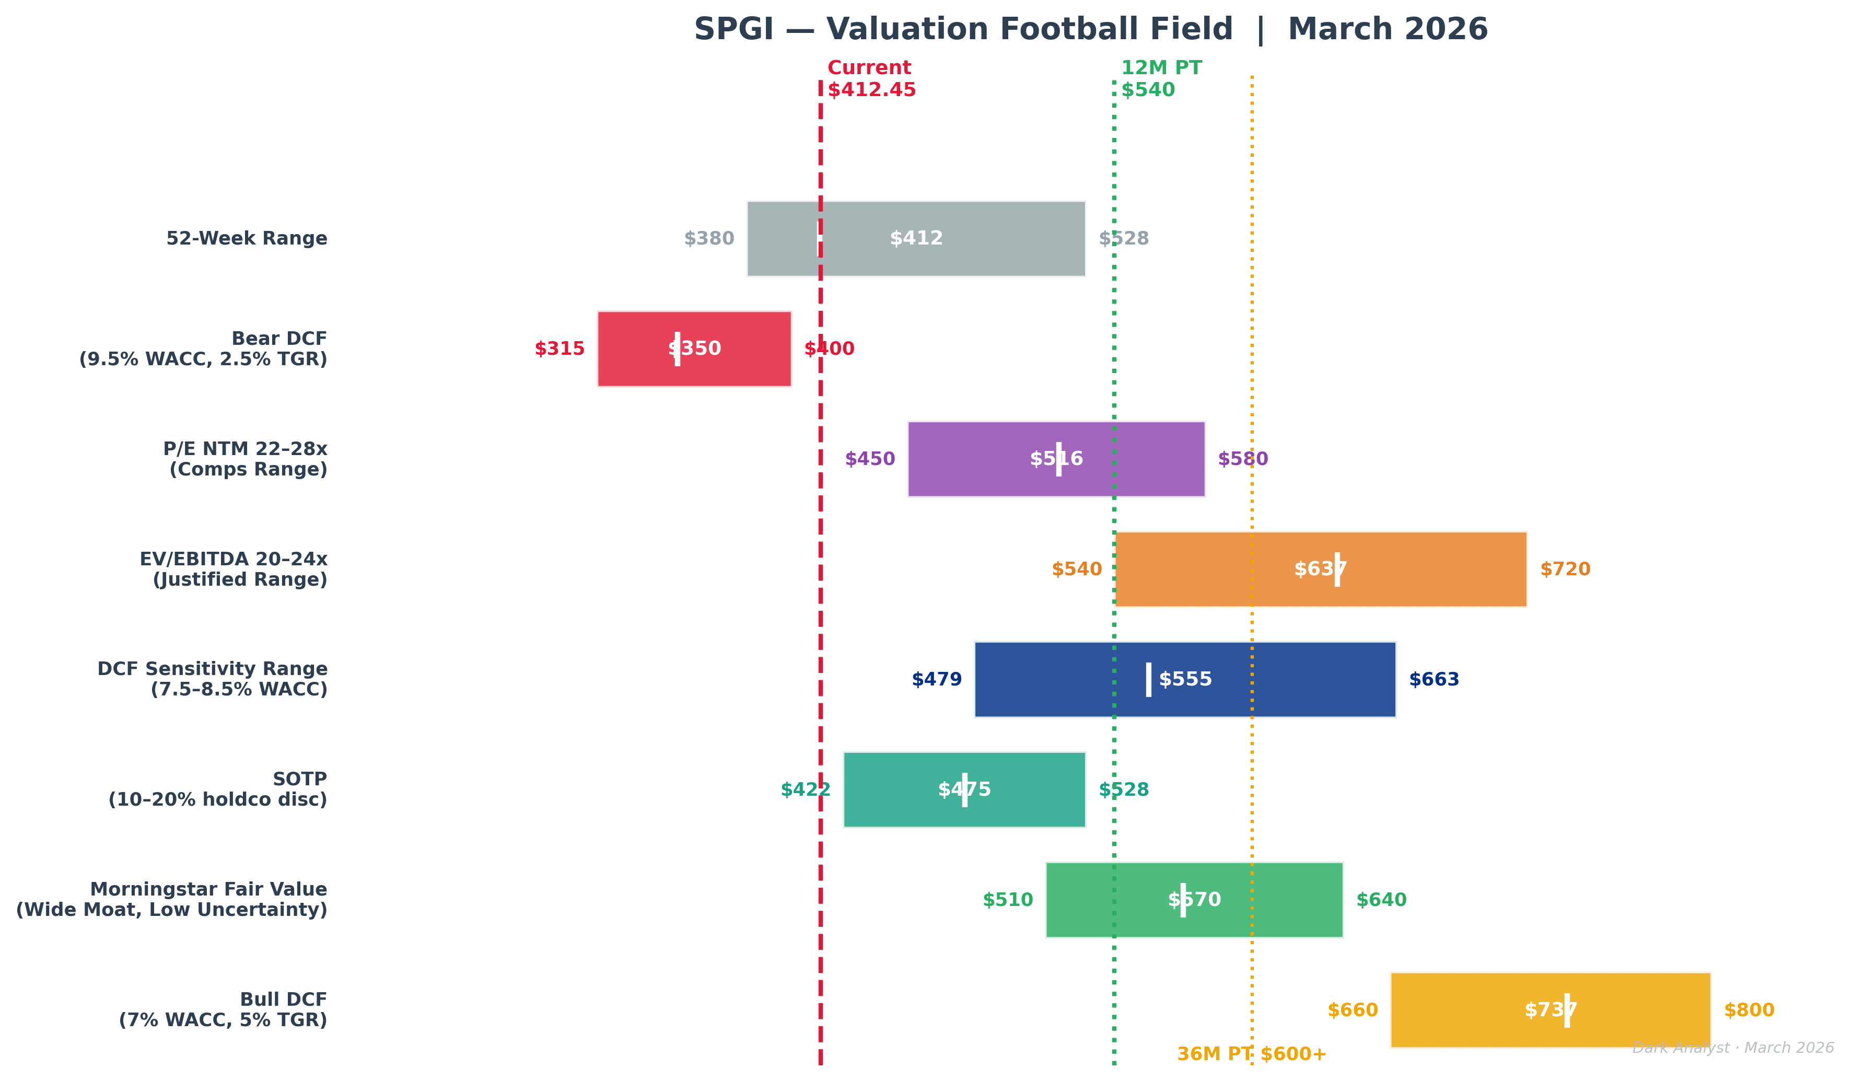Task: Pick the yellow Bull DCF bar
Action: tap(1480, 1010)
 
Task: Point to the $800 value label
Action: tap(1749, 1010)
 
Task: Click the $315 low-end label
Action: tap(559, 348)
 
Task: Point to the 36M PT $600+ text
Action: tap(1252, 1054)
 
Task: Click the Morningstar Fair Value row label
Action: tap(172, 900)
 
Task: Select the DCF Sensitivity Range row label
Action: tap(213, 679)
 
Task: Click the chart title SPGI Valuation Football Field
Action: tap(1090, 30)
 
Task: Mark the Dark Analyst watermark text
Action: tap(1732, 1048)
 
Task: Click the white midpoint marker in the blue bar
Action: tap(1149, 680)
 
